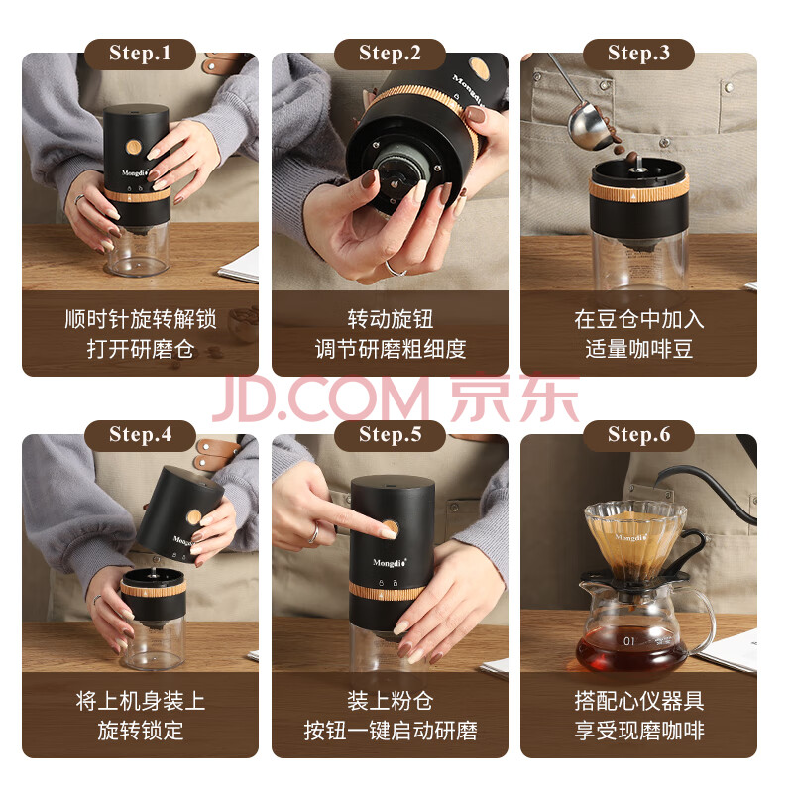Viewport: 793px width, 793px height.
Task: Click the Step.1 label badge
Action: click(x=140, y=54)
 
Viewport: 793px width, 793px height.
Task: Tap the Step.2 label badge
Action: click(x=390, y=54)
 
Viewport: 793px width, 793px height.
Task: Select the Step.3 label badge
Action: click(x=638, y=54)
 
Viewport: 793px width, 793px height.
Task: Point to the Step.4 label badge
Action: click(x=140, y=435)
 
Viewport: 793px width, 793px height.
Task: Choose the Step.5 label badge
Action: click(x=390, y=435)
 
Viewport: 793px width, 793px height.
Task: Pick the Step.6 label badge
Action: click(x=638, y=435)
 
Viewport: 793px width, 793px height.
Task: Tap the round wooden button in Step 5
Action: click(x=390, y=528)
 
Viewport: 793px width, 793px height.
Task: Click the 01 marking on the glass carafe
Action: click(x=628, y=641)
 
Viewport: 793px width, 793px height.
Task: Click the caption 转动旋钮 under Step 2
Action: click(x=390, y=319)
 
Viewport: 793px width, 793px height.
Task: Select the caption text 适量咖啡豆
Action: click(x=638, y=349)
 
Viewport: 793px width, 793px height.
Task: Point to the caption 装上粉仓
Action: click(x=390, y=701)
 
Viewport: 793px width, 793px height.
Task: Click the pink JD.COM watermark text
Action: click(x=319, y=397)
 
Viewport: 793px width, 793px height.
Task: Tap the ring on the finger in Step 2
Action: click(x=395, y=269)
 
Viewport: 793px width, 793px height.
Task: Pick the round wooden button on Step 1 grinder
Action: click(x=134, y=147)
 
